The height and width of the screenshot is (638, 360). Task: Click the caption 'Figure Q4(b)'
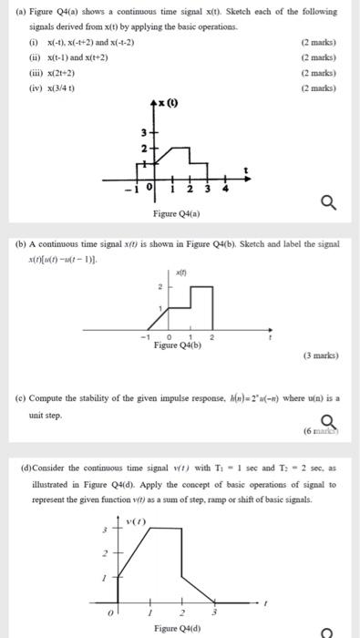pyautogui.click(x=178, y=346)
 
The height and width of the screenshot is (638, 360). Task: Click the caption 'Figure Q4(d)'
pyautogui.click(x=179, y=628)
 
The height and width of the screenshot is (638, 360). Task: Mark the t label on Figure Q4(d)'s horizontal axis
pyautogui.click(x=265, y=602)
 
